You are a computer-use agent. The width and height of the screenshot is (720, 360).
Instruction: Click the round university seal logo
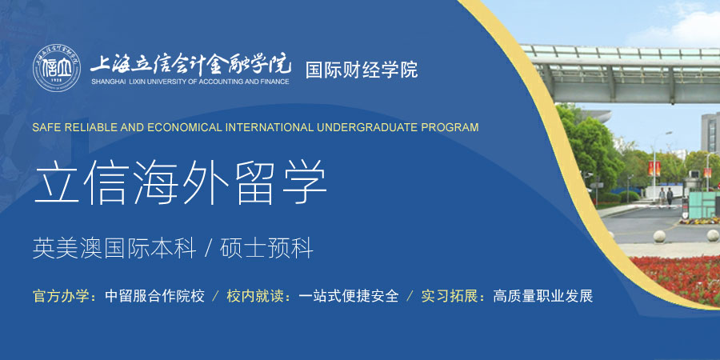(57, 69)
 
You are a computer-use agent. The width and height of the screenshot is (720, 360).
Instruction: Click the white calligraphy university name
(190, 64)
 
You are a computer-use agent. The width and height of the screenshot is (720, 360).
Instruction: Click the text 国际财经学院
(362, 70)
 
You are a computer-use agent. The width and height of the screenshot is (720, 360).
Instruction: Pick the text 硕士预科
(266, 249)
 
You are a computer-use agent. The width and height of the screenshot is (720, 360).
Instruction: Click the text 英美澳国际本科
(114, 249)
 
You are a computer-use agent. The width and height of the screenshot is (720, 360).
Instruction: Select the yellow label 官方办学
(64, 296)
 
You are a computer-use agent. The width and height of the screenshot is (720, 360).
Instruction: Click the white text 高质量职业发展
(542, 296)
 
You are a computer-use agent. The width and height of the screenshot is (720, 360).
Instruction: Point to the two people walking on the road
(666, 197)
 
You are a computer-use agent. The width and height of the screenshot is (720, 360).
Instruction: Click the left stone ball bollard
(659, 236)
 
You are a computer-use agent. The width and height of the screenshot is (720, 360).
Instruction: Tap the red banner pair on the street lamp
(654, 169)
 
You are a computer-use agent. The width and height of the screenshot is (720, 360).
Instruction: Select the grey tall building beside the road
(710, 133)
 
